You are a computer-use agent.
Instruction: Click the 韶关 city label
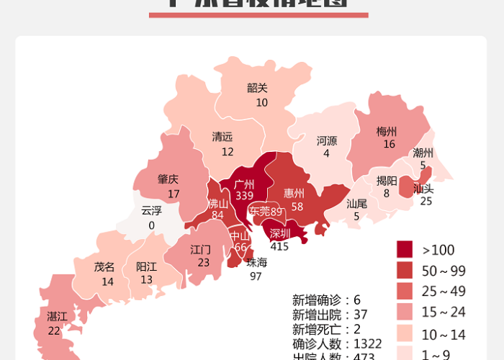257,88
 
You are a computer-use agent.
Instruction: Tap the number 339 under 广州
244,195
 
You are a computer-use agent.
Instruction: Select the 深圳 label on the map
280,233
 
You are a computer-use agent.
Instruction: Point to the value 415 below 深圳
279,246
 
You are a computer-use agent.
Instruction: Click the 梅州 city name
387,132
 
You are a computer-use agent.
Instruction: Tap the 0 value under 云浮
151,225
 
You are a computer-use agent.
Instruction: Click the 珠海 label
256,263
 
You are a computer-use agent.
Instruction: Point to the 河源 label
327,140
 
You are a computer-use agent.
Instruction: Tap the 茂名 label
104,267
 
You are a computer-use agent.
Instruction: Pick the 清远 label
222,137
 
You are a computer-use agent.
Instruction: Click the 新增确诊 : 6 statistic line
326,300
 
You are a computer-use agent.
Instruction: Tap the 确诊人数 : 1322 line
337,343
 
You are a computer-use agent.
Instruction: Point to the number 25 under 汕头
426,201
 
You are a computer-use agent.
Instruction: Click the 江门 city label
200,250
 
